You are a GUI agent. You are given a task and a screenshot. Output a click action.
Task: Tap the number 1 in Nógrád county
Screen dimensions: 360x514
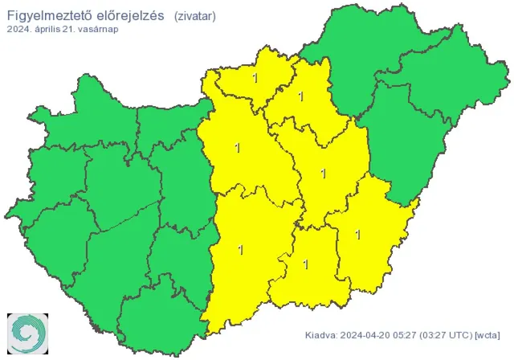255,79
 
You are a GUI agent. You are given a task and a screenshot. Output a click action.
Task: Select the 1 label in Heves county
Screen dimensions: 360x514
300,96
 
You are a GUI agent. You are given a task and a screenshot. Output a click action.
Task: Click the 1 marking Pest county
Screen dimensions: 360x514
237,148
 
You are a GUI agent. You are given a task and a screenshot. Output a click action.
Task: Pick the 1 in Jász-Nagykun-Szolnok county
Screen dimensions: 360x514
323,173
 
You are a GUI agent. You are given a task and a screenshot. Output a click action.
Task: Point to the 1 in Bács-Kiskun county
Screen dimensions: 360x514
241,250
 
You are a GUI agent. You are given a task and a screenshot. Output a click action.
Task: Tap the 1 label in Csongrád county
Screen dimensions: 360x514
305,263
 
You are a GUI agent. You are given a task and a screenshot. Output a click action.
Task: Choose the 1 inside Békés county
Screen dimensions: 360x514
357,235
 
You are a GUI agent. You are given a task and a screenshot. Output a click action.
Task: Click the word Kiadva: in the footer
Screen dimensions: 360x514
322,334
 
